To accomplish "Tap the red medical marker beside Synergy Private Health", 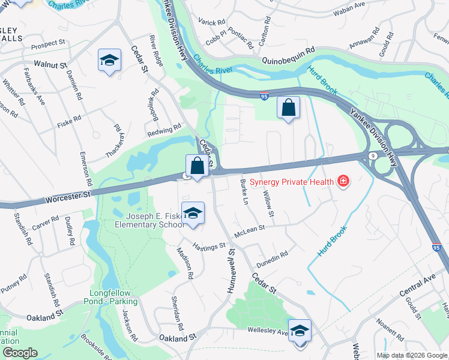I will point(343,181).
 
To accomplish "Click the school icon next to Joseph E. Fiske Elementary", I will point(193,214).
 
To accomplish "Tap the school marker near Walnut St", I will point(109,61).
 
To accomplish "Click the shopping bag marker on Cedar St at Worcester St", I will point(197,166).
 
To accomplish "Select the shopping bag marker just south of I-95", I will point(288,109).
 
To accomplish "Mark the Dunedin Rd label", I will point(272,254).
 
